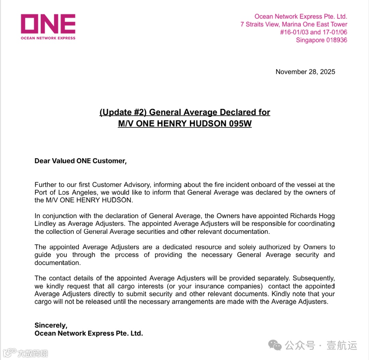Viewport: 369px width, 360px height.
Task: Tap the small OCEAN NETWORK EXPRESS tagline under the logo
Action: [48, 38]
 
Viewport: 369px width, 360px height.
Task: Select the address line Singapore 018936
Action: [321, 40]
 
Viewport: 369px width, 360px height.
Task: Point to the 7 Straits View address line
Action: [293, 24]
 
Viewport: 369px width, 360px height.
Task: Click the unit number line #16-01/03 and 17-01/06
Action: [313, 32]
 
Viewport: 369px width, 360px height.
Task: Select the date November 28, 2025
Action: [305, 72]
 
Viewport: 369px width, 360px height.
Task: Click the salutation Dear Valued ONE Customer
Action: [80, 161]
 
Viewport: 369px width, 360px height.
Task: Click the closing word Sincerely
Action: [51, 325]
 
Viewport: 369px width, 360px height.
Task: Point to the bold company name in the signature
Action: [88, 333]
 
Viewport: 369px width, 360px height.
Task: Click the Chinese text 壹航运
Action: [342, 345]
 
